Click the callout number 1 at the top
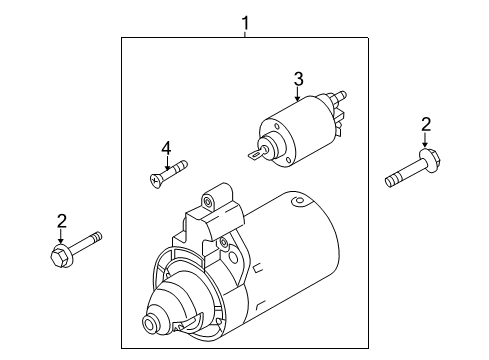[x=245, y=23]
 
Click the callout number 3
[x=298, y=79]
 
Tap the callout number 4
[x=166, y=148]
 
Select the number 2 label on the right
[x=426, y=125]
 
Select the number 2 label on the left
[x=62, y=221]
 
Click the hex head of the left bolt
[x=60, y=255]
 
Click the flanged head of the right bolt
[x=430, y=160]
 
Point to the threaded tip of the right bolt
[x=391, y=182]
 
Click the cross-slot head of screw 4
[x=155, y=181]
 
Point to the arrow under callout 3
[x=298, y=94]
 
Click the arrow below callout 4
[x=167, y=163]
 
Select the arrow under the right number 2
[x=425, y=140]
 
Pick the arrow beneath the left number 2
[x=60, y=236]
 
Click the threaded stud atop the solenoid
[x=339, y=96]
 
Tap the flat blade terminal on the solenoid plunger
[x=257, y=154]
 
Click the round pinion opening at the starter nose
[x=150, y=323]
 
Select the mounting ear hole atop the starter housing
[x=208, y=201]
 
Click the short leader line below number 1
[x=245, y=34]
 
